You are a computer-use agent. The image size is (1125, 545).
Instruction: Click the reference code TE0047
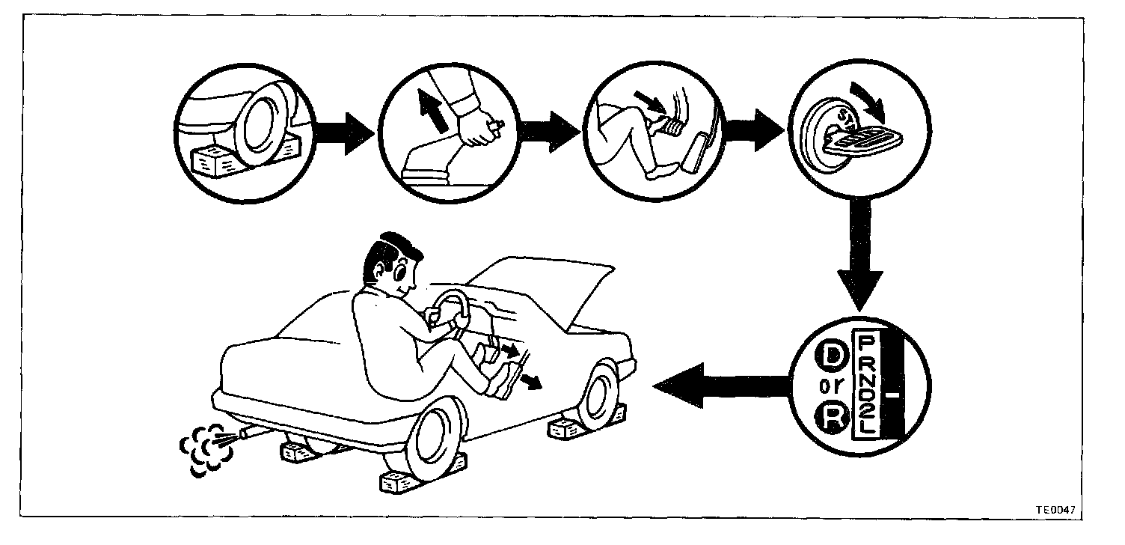pos(1055,510)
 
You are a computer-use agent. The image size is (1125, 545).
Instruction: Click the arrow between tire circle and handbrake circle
pos(343,136)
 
